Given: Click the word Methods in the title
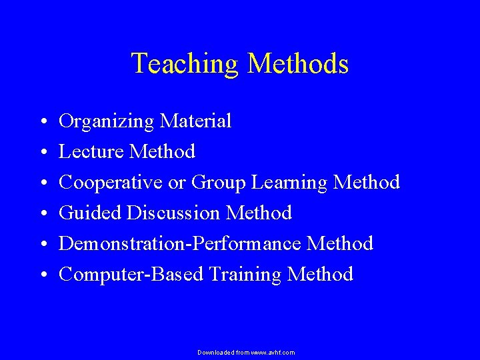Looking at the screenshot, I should click(x=298, y=64).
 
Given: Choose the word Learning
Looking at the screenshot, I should click(x=289, y=183).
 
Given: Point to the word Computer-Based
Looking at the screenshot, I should click(x=131, y=275).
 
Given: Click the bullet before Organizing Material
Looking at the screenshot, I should click(x=42, y=123).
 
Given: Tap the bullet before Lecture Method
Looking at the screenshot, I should click(x=42, y=153).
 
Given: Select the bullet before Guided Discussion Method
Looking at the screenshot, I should click(x=42, y=215).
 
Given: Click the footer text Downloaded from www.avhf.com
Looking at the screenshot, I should click(x=246, y=352).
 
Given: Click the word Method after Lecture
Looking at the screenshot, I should click(x=163, y=152).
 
